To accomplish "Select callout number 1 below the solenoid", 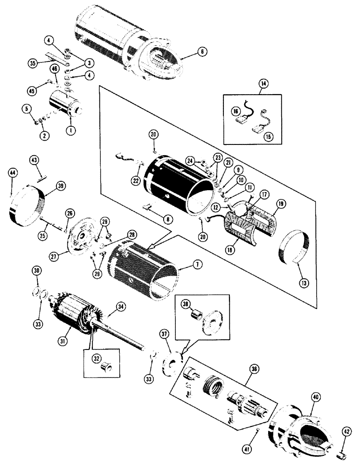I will click(x=70, y=131).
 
